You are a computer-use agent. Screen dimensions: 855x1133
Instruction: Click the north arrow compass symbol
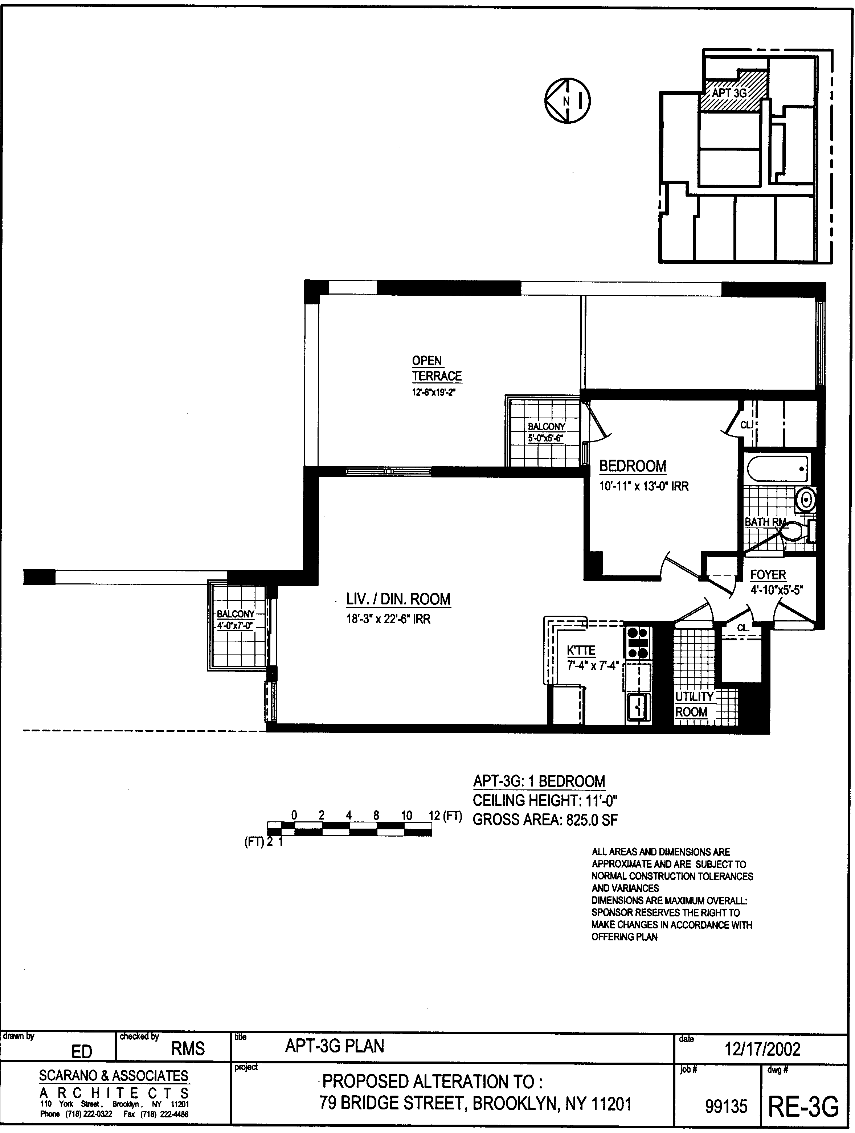(567, 101)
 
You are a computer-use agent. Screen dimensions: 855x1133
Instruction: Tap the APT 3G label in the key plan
(729, 93)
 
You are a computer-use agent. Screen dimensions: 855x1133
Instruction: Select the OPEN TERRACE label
(437, 368)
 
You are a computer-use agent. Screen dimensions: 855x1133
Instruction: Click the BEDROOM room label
(633, 466)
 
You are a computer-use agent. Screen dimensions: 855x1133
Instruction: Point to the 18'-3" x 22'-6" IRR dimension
(388, 619)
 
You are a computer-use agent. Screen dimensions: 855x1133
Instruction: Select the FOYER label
(768, 575)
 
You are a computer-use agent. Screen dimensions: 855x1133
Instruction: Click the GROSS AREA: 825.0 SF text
(545, 820)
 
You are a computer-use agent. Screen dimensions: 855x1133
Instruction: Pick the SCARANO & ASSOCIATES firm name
(114, 1076)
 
